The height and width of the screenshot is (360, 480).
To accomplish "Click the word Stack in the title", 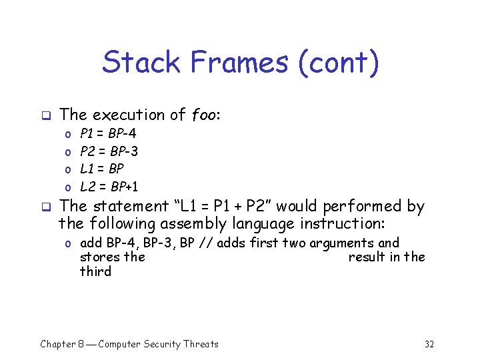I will [141, 63].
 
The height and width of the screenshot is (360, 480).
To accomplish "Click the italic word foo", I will [203, 115].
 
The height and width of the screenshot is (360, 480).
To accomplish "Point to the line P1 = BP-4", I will [108, 134].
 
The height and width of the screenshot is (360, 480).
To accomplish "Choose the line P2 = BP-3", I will [109, 151].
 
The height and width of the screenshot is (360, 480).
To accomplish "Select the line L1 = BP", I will [101, 169].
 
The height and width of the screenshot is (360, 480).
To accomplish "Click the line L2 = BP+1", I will [109, 186].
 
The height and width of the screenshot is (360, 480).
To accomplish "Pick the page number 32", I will [429, 344].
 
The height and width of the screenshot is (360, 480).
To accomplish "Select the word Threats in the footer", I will [201, 344].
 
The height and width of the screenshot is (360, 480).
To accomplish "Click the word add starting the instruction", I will [91, 243].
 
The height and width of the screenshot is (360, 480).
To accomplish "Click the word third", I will [95, 271].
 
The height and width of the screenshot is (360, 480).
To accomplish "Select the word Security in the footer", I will [161, 344].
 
